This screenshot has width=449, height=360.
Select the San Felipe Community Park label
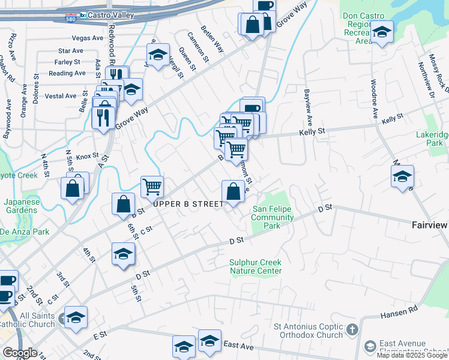click(274, 217)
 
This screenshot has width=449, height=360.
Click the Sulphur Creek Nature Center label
click(256, 266)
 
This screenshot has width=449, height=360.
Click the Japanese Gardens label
click(23, 206)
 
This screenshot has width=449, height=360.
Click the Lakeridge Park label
click(433, 139)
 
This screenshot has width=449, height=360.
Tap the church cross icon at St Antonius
click(352, 329)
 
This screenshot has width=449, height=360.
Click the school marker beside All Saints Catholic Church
click(76, 317)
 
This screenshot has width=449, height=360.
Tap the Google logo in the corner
click(19, 353)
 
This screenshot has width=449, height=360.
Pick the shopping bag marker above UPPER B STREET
click(233, 192)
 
